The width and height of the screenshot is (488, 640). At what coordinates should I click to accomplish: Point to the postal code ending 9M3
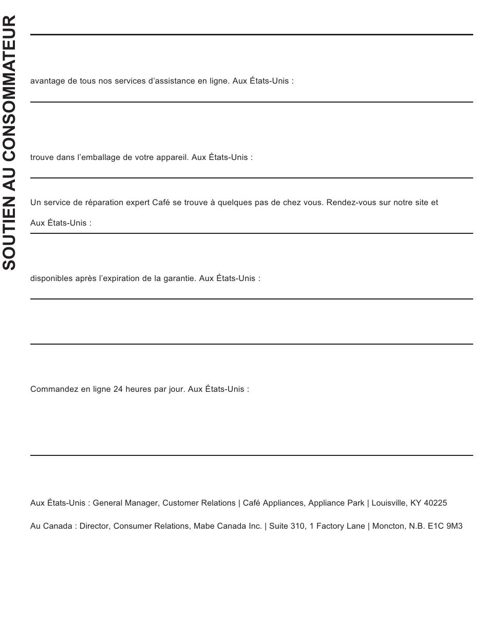[x=455, y=526]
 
